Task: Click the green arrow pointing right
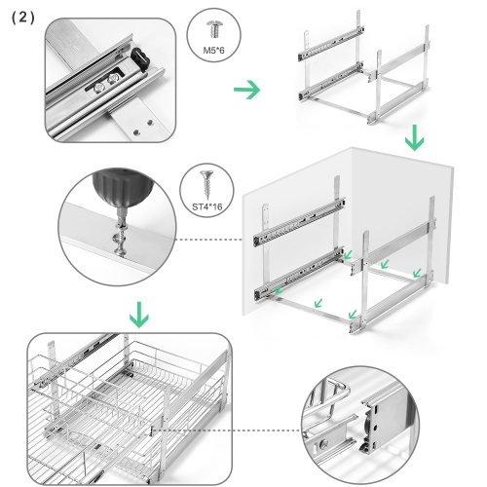249,91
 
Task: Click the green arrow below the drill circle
138,314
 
